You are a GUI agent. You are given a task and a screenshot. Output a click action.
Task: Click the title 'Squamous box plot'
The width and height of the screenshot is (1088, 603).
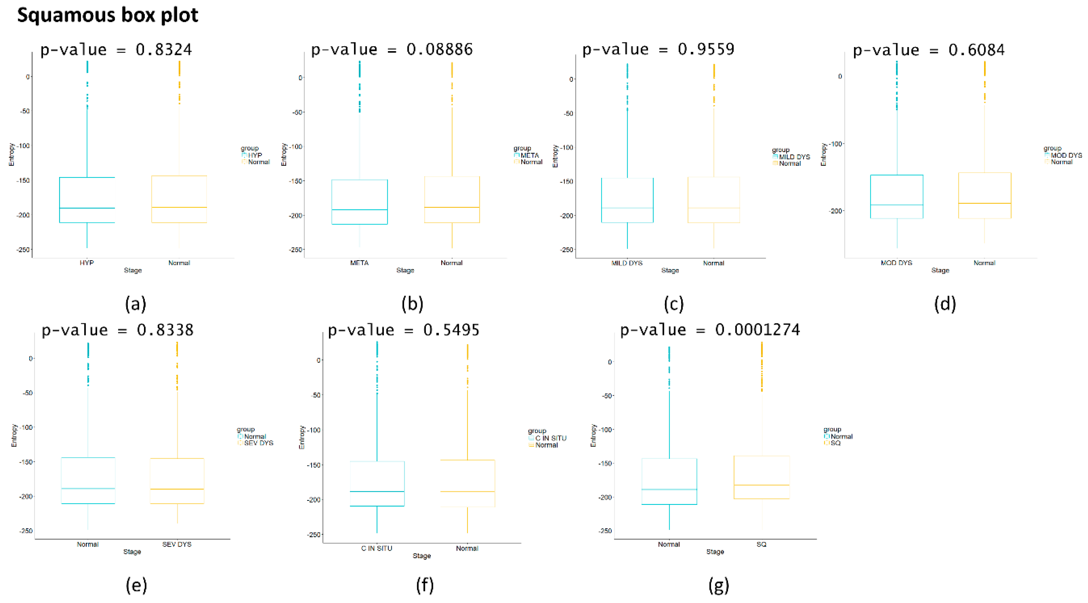107,15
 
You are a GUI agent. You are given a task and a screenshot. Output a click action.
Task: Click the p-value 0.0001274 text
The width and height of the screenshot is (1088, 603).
710,330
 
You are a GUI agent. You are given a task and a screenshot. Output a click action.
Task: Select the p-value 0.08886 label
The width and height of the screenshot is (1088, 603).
392,49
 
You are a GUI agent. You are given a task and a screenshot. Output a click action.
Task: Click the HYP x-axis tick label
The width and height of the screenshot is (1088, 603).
87,262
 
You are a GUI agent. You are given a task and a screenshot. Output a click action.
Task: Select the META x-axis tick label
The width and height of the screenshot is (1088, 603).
359,262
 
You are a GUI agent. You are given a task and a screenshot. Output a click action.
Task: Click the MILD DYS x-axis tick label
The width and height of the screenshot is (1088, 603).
627,263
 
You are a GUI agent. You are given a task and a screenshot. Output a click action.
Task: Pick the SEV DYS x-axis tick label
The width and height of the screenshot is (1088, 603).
177,544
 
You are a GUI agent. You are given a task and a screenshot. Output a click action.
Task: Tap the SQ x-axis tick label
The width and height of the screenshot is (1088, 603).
761,544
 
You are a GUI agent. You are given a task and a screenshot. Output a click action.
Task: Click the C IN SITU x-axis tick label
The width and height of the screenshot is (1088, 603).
376,548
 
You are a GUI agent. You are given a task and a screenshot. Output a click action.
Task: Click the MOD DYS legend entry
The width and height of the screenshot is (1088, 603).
1066,155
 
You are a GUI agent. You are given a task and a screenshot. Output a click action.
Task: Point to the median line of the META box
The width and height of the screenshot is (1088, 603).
359,210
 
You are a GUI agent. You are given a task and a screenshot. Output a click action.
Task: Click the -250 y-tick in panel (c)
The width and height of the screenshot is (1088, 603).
567,249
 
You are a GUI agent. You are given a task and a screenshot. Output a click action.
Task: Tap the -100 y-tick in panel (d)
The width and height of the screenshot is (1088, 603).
835,144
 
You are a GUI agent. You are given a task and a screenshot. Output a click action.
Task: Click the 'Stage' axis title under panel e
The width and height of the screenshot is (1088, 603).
132,551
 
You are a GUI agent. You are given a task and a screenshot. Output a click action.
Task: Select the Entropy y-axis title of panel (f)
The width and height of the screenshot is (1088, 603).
302,437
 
